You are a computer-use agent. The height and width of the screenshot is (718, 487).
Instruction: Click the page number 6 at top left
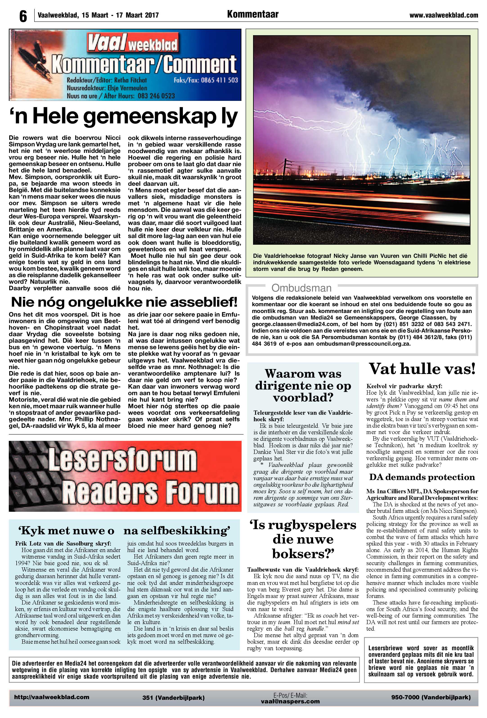pos(23,16)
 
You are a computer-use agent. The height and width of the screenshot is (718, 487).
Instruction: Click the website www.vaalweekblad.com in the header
pos(444,15)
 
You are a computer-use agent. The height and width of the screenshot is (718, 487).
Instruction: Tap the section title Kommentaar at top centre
pos(252,14)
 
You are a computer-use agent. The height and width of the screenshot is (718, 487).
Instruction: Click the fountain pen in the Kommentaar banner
pos(31,59)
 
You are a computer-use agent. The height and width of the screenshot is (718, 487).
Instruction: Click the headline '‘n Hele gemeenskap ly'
pos(123,117)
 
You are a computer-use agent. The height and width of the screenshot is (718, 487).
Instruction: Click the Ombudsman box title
pos(301,288)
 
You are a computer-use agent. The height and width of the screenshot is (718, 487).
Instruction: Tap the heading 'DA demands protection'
pos(422,477)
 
